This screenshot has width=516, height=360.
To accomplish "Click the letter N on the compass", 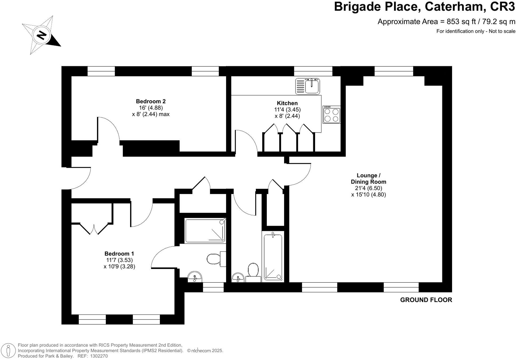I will tap(42, 35).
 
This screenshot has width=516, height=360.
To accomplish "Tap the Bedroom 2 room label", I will tap(151, 101).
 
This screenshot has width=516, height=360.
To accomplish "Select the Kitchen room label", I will tap(287, 103).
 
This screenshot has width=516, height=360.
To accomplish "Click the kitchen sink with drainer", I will tap(307, 86).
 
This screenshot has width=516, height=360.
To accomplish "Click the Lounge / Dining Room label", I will tap(368, 179).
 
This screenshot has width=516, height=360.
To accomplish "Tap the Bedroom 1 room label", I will tap(119, 254).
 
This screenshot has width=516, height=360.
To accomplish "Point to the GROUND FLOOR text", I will tap(426, 300).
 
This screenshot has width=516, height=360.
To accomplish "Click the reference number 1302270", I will tap(99, 356).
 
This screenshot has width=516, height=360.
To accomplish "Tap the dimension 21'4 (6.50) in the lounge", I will tap(368, 188).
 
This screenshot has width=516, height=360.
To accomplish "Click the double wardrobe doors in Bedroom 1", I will tap(94, 228).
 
